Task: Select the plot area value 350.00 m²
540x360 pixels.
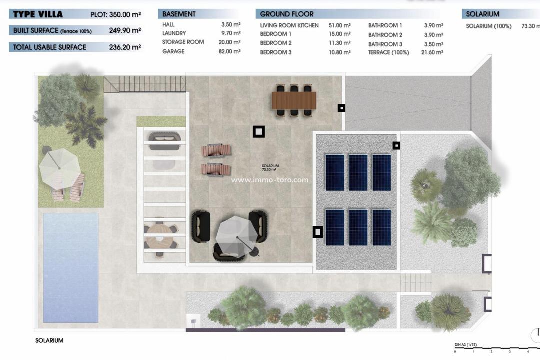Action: (x=124, y=14)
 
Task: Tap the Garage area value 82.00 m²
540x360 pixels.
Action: (x=230, y=51)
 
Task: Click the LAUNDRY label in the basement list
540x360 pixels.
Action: (x=174, y=33)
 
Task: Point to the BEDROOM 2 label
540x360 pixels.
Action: (x=276, y=43)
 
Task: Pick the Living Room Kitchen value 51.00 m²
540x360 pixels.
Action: (x=340, y=25)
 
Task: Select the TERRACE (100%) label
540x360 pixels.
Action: (x=388, y=52)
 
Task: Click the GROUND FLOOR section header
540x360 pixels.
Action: (x=287, y=14)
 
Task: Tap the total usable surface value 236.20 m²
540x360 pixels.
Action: (x=125, y=47)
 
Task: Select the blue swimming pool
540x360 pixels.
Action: (x=70, y=267)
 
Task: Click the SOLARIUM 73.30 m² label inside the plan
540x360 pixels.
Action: (x=270, y=168)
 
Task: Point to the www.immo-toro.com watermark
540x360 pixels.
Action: (x=269, y=180)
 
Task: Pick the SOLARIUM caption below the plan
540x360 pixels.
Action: (x=49, y=341)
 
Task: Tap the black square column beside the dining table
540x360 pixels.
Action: (x=341, y=108)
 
